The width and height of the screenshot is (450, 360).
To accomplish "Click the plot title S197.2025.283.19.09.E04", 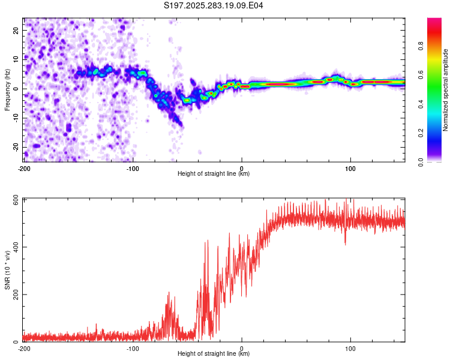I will pos(214,5).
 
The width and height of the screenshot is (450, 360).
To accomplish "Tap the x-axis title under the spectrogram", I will pos(214,173).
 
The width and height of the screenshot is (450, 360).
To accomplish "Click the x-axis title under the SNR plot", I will pos(214,353).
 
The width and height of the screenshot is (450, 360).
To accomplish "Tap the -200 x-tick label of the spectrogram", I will pos(24,167).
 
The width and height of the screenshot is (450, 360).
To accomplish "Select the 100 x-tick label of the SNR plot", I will pos(350,348).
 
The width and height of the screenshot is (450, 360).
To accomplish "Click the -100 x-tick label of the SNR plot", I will pos(133,348).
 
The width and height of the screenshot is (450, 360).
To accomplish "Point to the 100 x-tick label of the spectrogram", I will pos(350,167).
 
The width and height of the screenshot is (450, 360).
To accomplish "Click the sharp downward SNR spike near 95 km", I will pos(345,243).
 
